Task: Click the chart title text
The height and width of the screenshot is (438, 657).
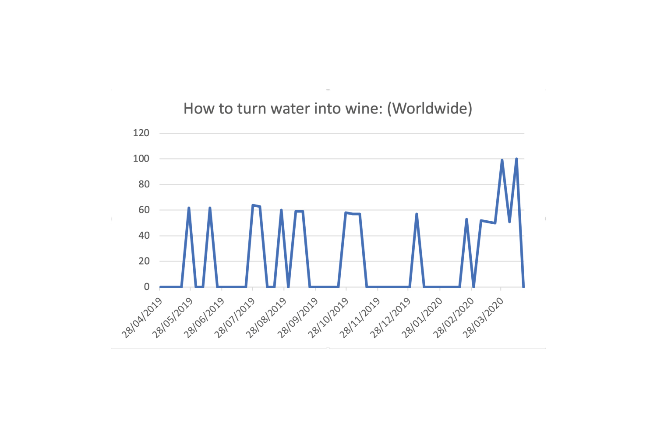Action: [328, 108]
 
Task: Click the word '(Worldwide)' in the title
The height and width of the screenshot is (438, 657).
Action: [429, 109]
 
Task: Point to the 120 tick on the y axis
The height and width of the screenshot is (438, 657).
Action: [141, 133]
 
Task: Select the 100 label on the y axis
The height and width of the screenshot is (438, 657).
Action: [141, 159]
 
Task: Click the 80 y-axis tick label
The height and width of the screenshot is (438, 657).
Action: [144, 184]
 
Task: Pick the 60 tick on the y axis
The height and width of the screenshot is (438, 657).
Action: [144, 210]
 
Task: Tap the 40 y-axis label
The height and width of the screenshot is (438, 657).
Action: [144, 236]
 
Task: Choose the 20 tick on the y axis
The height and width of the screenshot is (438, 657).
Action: [144, 261]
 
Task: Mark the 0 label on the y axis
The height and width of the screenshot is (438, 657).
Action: [147, 287]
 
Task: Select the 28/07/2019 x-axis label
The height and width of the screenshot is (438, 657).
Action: [235, 318]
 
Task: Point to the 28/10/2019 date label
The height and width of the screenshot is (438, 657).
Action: [328, 318]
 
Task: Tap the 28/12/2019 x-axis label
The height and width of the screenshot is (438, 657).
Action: [390, 318]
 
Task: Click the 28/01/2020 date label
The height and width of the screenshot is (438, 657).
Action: [422, 318]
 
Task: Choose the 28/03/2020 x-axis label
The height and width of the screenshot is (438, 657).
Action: [484, 318]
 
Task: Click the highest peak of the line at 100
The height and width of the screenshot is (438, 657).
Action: [516, 159]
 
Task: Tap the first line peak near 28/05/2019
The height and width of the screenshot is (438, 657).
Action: [189, 208]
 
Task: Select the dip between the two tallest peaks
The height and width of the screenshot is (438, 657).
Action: [509, 222]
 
